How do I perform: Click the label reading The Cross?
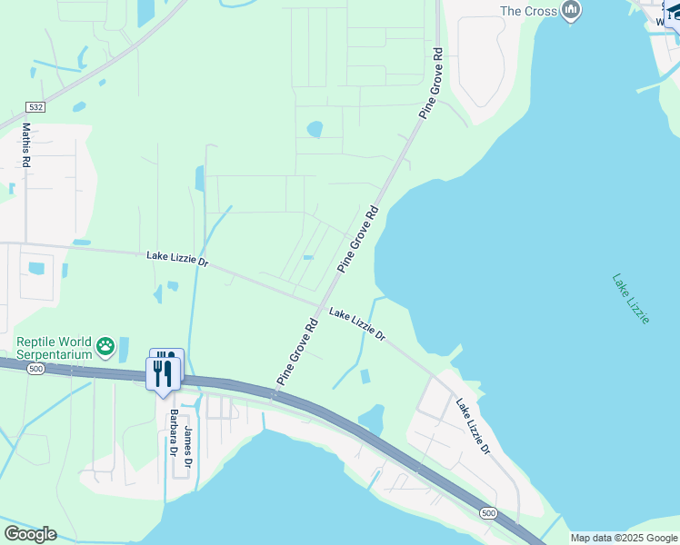[527, 11]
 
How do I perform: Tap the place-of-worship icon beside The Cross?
[571, 11]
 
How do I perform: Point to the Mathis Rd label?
[26, 145]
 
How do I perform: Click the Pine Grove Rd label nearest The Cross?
[432, 83]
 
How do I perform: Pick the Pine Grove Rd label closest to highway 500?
[297, 352]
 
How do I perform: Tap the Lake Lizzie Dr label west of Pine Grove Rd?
[177, 260]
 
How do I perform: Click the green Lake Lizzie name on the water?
[631, 298]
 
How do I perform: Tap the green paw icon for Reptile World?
[106, 345]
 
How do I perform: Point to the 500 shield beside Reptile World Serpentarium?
[35, 369]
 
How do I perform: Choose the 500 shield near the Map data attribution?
[489, 514]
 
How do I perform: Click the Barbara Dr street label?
[173, 433]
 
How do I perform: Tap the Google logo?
[30, 534]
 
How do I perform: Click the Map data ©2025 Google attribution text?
[624, 538]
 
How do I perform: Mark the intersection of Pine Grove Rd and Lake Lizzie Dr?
[322, 302]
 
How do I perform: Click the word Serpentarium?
[55, 353]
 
